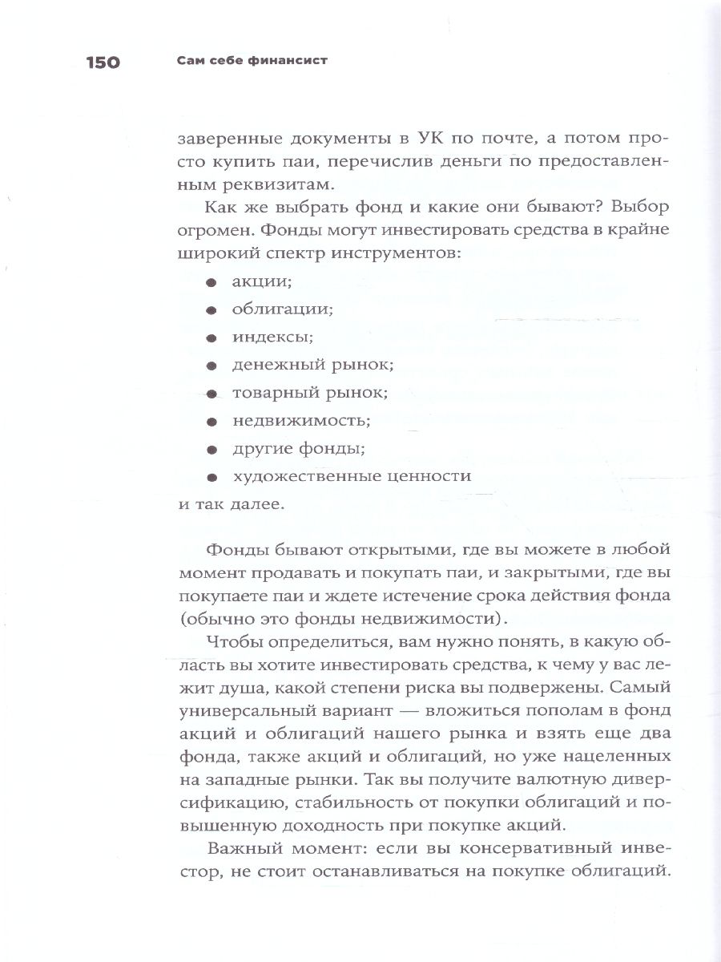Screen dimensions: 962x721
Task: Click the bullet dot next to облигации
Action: click(211, 310)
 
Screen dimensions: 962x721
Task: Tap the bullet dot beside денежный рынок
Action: click(211, 366)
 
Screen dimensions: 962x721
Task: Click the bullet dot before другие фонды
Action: click(211, 450)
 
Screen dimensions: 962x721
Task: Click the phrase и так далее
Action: click(228, 505)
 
